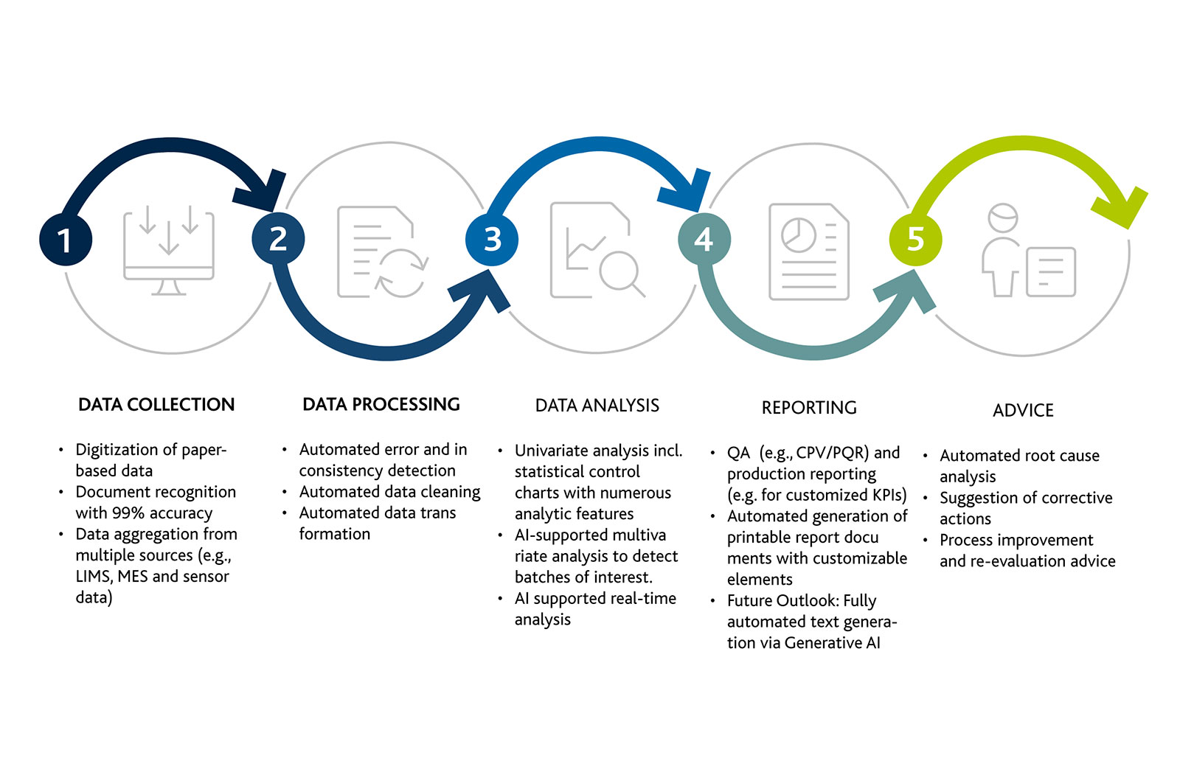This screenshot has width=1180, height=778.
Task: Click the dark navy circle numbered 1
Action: (66, 240)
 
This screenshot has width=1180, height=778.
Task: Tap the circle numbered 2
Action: (278, 239)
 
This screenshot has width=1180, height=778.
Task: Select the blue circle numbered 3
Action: (492, 240)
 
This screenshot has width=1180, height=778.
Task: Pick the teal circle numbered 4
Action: (704, 240)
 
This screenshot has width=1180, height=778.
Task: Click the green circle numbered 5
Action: (915, 240)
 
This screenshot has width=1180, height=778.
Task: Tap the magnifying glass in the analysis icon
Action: (619, 271)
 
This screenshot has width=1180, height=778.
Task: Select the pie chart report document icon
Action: (809, 251)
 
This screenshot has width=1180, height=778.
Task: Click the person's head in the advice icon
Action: (1003, 218)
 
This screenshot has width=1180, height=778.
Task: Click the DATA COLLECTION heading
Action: (156, 405)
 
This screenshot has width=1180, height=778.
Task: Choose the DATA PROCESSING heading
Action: (381, 405)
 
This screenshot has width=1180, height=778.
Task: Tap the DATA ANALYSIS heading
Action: (597, 406)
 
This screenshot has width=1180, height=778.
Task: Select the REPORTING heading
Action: (809, 408)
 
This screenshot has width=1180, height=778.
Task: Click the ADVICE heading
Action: (1023, 411)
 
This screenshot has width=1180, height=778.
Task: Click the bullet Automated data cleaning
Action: (389, 492)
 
